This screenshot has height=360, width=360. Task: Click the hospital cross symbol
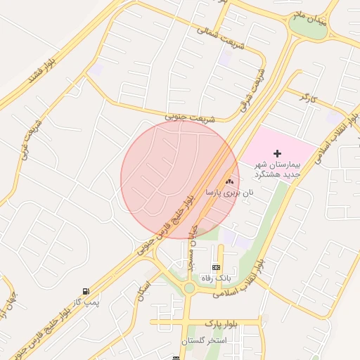click(278, 153)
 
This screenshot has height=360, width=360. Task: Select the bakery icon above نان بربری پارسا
click(229, 181)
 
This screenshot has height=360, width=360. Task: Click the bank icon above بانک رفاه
click(216, 267)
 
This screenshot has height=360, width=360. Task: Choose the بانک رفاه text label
click(216, 278)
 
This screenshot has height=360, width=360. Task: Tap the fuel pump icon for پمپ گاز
click(86, 291)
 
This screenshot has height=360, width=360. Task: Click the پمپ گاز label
click(88, 302)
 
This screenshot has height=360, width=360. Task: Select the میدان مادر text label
click(311, 18)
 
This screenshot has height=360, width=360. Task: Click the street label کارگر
click(308, 96)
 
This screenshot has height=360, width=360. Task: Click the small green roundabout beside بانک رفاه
click(188, 288)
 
